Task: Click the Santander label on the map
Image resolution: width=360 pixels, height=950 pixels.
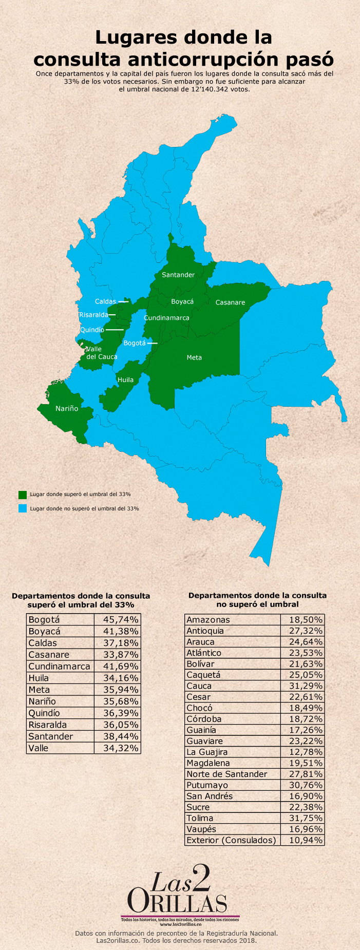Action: click(x=178, y=275)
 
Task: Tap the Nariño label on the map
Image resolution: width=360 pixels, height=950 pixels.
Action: click(x=67, y=408)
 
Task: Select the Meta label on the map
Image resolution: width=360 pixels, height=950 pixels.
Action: click(x=194, y=357)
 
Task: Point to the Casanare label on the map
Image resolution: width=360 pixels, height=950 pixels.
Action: click(x=230, y=302)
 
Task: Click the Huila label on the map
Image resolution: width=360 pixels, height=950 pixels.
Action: click(x=125, y=380)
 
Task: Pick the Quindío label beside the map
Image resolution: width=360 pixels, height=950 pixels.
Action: click(x=92, y=330)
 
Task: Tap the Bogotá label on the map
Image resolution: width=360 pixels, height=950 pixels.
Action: click(x=135, y=343)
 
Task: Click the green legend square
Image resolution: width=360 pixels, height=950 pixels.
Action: click(x=23, y=495)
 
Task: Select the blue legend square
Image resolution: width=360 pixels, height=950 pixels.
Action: click(x=23, y=508)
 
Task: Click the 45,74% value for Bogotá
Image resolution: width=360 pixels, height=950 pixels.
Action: click(x=118, y=620)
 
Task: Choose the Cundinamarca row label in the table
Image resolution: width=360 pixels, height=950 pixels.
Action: click(x=59, y=667)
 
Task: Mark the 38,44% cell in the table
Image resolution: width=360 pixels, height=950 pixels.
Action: click(x=118, y=736)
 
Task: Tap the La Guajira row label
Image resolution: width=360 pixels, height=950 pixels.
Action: click(x=207, y=752)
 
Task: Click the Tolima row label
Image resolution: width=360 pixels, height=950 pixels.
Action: click(x=200, y=819)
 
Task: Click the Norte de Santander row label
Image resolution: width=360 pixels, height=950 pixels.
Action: click(x=226, y=774)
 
